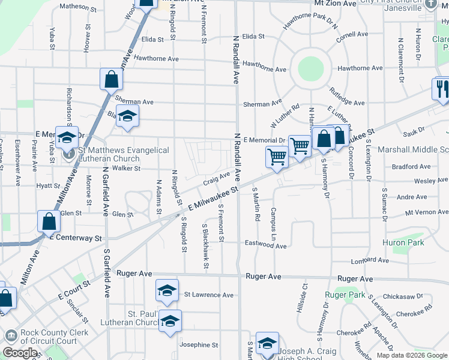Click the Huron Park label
click(403, 243)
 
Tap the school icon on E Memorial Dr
click(67, 137)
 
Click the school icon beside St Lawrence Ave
click(167, 290)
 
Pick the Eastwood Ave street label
click(265, 245)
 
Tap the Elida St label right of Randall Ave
click(253, 37)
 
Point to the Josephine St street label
click(199, 345)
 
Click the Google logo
click(20, 353)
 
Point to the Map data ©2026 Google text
click(412, 355)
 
